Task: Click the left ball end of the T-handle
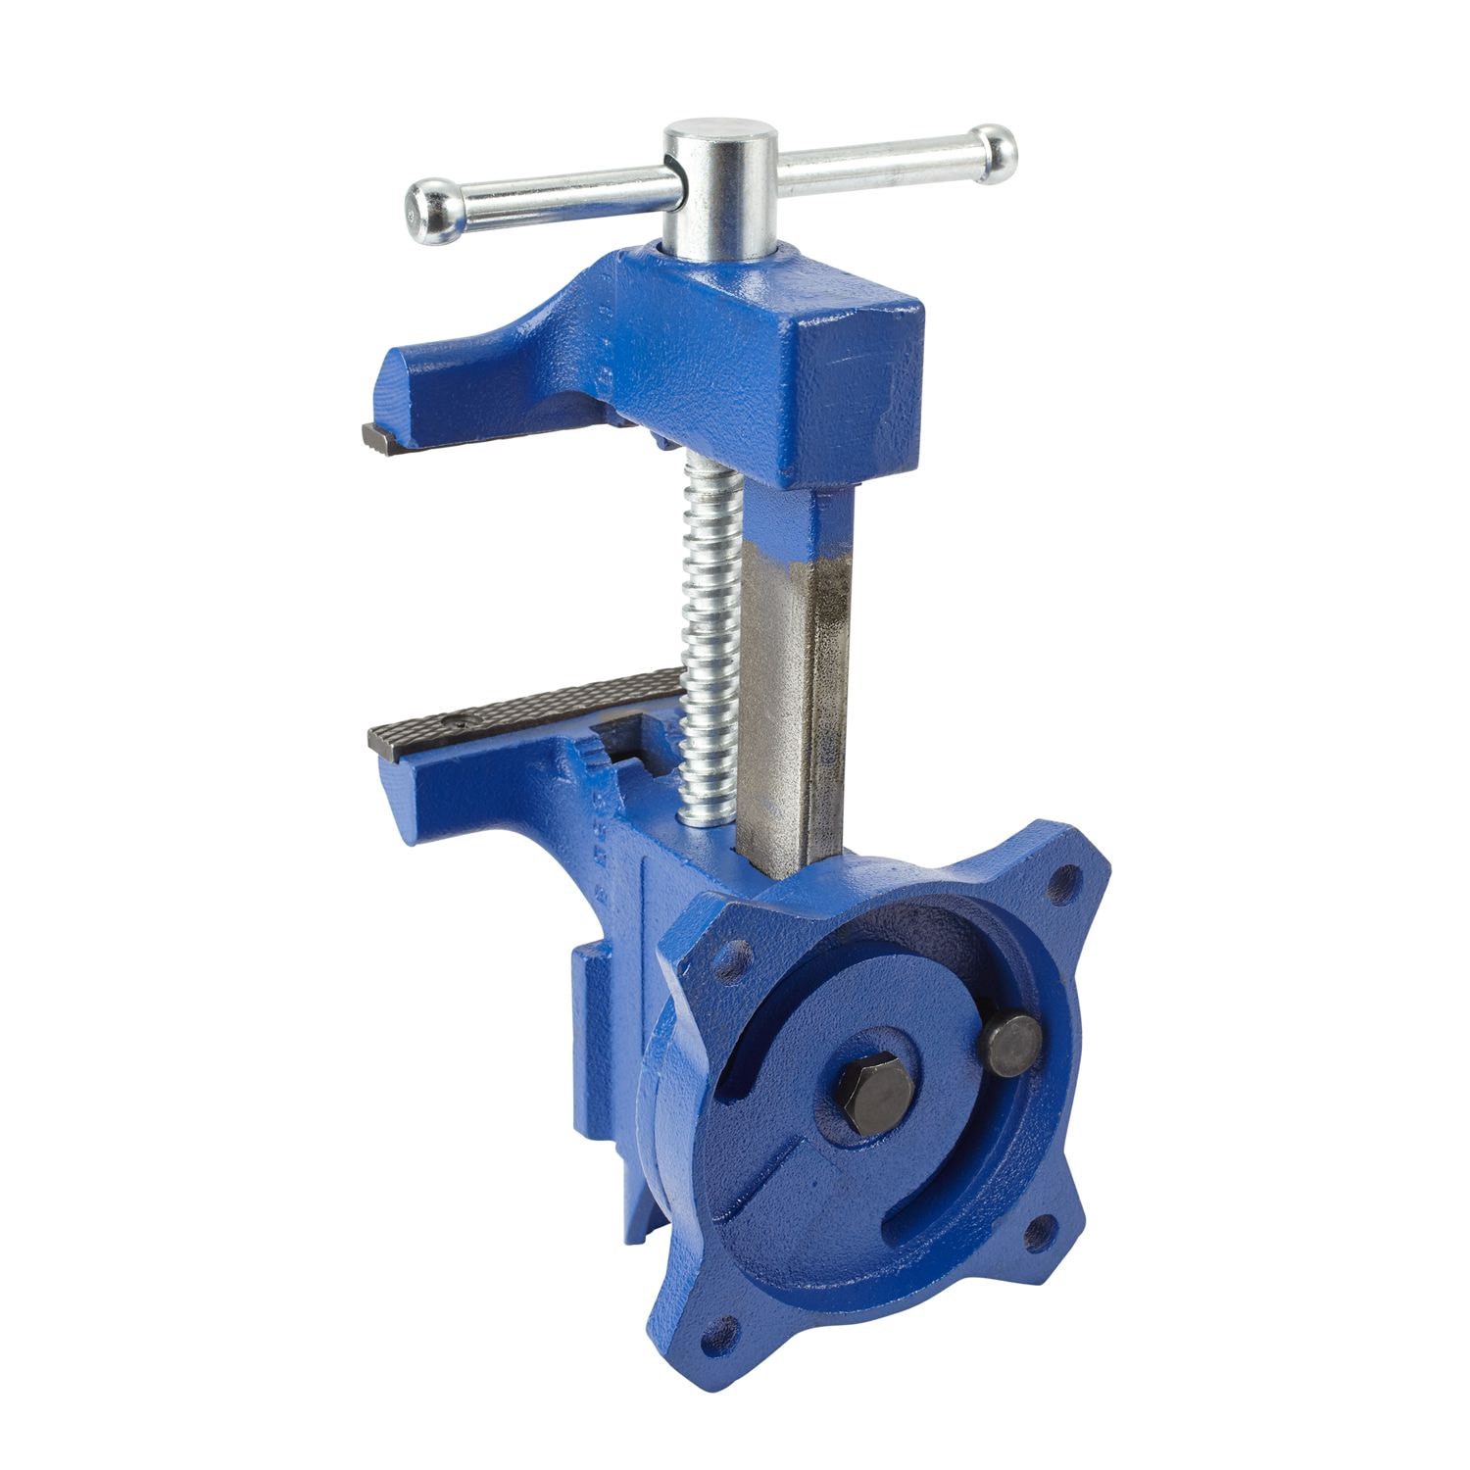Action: point(428,206)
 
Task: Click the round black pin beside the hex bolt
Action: point(1012,1045)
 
